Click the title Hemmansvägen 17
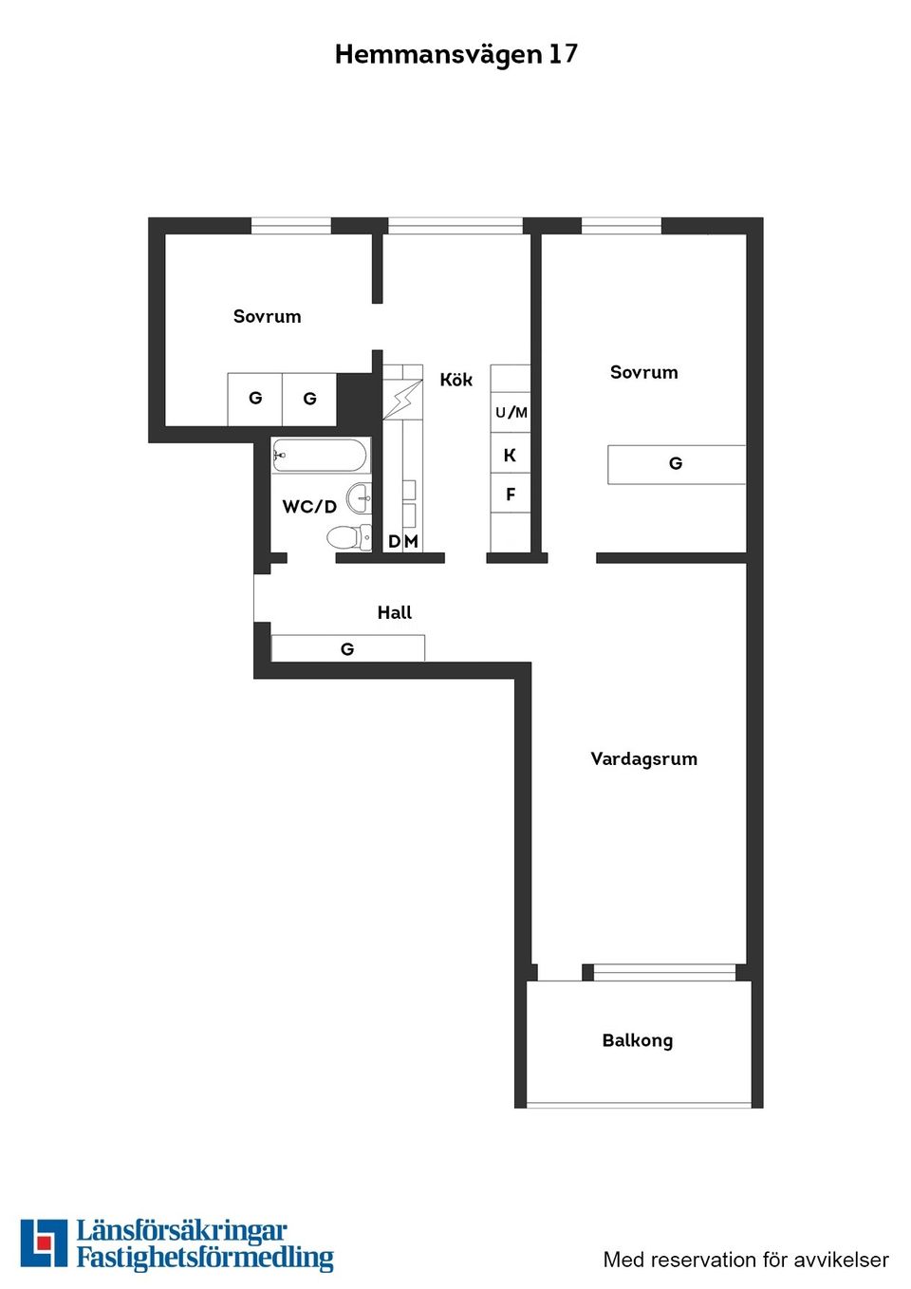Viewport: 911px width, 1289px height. point(455,54)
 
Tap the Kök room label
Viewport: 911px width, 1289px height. point(455,380)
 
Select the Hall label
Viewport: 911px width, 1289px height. point(395,612)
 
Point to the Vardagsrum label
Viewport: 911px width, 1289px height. point(643,758)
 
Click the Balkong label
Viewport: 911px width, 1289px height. point(637,1040)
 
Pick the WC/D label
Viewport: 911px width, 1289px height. point(309,507)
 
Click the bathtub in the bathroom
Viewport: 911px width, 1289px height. point(319,456)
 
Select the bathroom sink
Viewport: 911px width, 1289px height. point(359,497)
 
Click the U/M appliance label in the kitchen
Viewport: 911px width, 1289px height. point(511,412)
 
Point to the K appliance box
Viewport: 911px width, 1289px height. point(510,455)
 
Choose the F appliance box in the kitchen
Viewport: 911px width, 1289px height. point(511,495)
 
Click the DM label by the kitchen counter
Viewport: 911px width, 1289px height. point(402,542)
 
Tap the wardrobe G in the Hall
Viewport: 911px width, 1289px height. point(347,648)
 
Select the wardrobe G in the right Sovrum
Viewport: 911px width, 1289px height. point(676,464)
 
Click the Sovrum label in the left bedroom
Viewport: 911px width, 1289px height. point(267,316)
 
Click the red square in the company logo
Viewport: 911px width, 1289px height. point(44,1242)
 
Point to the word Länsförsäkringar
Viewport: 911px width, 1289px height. point(181,1231)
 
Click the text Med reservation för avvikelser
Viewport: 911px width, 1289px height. point(746,1260)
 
